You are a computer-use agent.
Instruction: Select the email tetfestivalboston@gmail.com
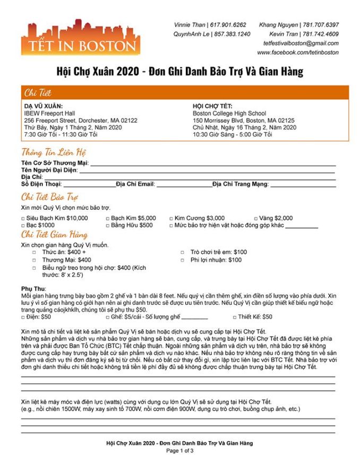(x=301, y=43)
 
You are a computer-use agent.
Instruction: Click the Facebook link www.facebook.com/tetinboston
(x=298, y=53)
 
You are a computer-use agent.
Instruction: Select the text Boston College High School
(x=229, y=113)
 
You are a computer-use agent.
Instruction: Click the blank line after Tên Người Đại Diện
(x=207, y=171)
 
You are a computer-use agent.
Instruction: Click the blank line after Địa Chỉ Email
(x=184, y=185)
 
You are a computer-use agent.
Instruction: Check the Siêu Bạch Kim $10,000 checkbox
(x=23, y=218)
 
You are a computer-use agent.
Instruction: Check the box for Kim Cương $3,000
(x=171, y=218)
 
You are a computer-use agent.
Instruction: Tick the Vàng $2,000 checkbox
(x=256, y=218)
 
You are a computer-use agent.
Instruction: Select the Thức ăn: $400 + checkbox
(x=35, y=252)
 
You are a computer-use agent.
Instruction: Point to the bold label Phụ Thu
(x=33, y=288)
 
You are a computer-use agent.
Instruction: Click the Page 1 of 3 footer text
(x=179, y=451)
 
